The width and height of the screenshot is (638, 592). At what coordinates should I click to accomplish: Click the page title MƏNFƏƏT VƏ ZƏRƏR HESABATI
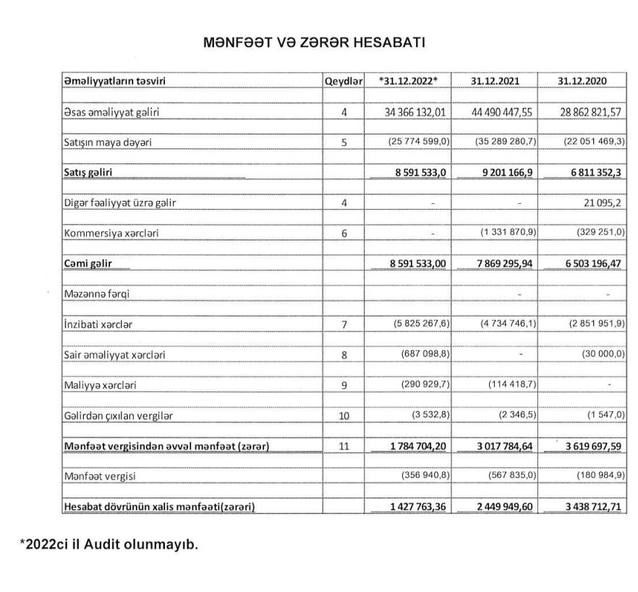tap(315, 42)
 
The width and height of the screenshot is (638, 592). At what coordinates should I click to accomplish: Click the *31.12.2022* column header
tap(408, 81)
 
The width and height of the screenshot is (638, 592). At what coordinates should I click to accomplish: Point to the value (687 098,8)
tap(426, 355)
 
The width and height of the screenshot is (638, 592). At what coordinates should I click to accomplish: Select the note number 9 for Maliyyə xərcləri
tap(344, 385)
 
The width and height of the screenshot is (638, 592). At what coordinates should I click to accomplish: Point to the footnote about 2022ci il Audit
tap(108, 544)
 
